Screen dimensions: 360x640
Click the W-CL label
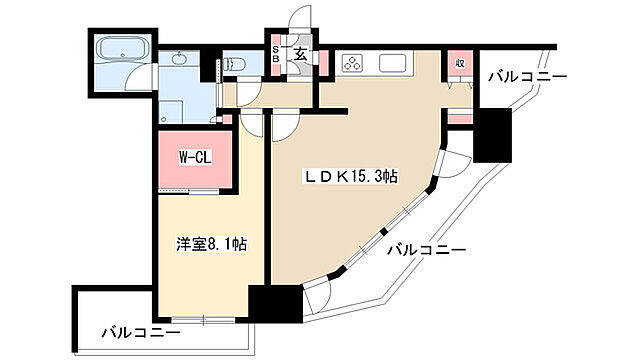(194, 157)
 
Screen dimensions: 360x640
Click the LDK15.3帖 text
(352, 176)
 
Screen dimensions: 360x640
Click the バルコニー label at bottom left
(140, 332)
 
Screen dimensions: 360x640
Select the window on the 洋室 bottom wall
(200, 320)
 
